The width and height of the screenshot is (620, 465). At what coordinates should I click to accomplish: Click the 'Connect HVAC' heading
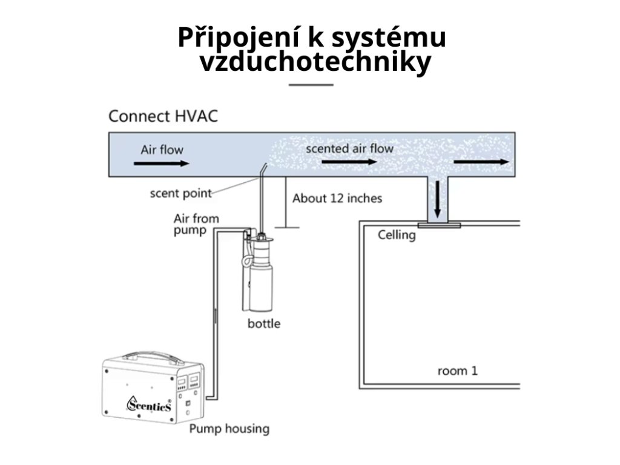[x=163, y=116]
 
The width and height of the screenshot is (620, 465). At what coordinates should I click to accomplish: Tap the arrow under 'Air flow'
[x=162, y=163]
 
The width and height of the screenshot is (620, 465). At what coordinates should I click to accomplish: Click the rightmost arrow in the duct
[x=481, y=162]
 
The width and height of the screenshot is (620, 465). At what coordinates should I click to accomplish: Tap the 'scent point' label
[x=180, y=194]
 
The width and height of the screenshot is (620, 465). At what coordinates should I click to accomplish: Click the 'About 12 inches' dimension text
[x=337, y=198]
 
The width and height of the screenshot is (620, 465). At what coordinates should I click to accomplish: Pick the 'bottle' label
[x=264, y=323]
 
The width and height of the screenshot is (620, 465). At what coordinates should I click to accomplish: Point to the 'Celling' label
[x=397, y=235]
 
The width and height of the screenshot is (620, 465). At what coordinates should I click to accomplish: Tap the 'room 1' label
[x=457, y=370]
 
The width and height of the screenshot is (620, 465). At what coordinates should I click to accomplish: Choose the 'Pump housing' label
[x=229, y=429]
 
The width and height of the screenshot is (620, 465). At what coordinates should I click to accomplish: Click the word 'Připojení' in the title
[x=236, y=38]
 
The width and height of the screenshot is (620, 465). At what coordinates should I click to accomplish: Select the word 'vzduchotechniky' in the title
[x=315, y=62]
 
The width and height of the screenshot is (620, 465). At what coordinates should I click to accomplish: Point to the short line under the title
[x=311, y=85]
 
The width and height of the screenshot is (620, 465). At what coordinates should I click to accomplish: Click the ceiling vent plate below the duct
[x=439, y=225]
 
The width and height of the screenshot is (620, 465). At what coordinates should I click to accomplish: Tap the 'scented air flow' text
[x=349, y=148]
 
